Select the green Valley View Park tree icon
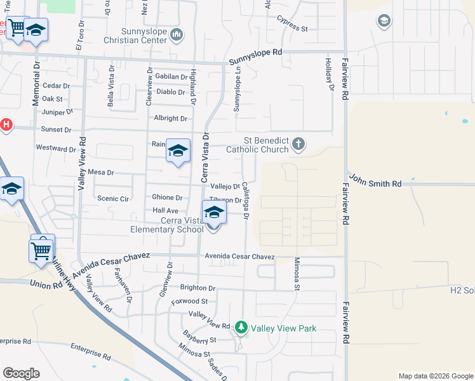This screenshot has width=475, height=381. pos(241,328)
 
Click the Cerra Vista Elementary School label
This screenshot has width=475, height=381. pos(164,225)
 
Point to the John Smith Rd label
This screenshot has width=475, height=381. pos(375,184)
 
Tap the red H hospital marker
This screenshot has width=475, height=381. pos(6,124)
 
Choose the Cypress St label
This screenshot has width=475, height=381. pos(292,29)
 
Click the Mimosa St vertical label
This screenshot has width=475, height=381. pos(297,274)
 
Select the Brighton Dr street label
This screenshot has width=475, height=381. pos(198,288)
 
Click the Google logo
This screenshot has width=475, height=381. pos(21,373)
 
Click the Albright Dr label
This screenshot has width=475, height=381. pos(170,119)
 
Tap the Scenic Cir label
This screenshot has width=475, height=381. pos(113,199)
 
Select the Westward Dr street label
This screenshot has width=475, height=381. pos(57,149)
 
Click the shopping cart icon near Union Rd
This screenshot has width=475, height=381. pos(41,250)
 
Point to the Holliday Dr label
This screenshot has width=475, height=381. pos(329,74)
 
